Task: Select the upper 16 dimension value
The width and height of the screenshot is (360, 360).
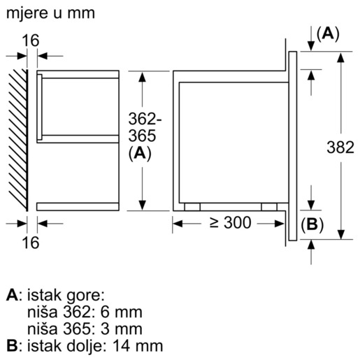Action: [x=30, y=41]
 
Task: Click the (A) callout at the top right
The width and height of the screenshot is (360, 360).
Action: [x=327, y=34]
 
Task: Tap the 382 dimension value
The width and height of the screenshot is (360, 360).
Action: [x=341, y=147]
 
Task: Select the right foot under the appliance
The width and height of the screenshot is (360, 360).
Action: [x=268, y=207]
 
